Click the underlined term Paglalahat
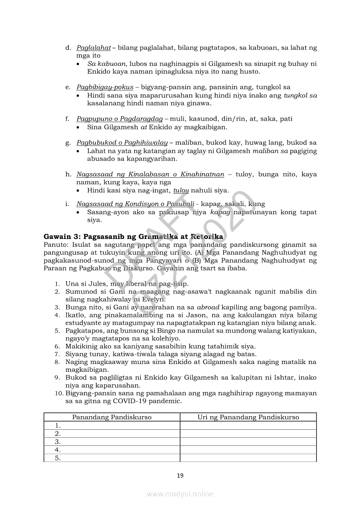pyautogui.click(x=93, y=47)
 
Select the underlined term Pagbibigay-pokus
pyautogui.click(x=105, y=87)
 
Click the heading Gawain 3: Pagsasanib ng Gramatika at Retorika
pyautogui.click(x=133, y=236)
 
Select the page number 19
pyautogui.click(x=180, y=475)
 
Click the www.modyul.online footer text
pyautogui.click(x=180, y=494)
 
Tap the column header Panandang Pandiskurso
pyautogui.click(x=112, y=417)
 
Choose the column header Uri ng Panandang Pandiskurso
pyautogui.click(x=248, y=417)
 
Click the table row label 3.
pyautogui.click(x=57, y=442)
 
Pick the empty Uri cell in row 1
pyautogui.click(x=248, y=425)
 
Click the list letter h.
pyautogui.click(x=68, y=175)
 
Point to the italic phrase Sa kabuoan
pyautogui.click(x=105, y=64)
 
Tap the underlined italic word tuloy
pyautogui.click(x=181, y=191)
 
